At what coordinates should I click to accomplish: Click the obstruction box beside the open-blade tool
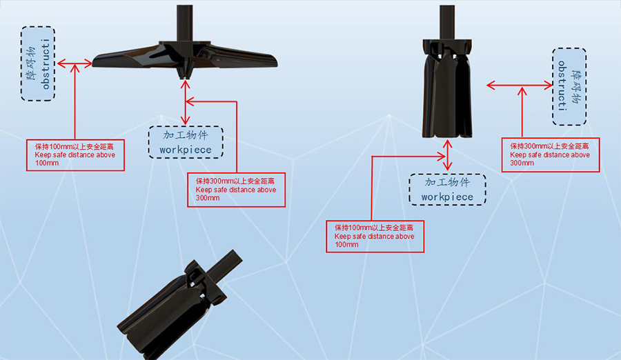(x=38, y=63)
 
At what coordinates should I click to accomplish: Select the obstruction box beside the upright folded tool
(x=569, y=86)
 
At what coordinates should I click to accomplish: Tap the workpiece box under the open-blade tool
(x=186, y=142)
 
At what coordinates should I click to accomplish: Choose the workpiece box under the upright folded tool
(x=448, y=189)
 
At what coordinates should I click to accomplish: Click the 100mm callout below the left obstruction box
(x=75, y=155)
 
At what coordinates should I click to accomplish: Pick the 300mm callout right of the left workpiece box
(x=236, y=189)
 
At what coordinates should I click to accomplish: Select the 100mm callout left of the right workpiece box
(x=375, y=236)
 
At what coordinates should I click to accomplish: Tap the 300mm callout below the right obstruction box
(x=551, y=154)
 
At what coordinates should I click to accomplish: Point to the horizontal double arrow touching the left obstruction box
(x=75, y=63)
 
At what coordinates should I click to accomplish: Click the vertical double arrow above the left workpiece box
(x=186, y=103)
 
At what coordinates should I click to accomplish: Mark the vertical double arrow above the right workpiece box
(x=448, y=155)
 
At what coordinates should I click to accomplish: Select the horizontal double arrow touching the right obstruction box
(x=519, y=85)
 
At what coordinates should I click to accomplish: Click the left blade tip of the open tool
(x=93, y=63)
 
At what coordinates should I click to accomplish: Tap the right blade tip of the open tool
(x=276, y=62)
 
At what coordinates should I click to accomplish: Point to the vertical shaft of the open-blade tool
(x=185, y=23)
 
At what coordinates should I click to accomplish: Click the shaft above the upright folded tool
(x=447, y=22)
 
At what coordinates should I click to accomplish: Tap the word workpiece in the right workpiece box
(x=447, y=197)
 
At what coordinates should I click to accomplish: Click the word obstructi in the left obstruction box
(x=46, y=63)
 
